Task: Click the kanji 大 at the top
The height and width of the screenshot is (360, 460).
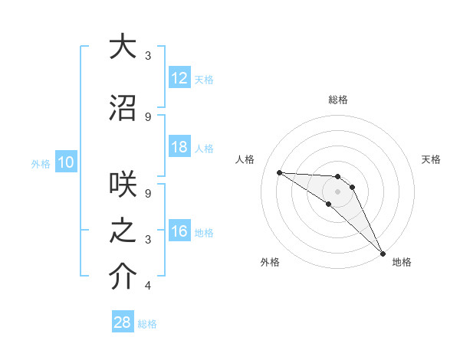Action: pos(122,47)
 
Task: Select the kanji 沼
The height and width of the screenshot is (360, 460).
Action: pos(122,108)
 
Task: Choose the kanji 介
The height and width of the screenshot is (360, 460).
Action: pos(122,277)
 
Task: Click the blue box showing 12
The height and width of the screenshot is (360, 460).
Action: pos(179,78)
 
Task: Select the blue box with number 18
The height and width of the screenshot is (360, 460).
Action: pos(179,147)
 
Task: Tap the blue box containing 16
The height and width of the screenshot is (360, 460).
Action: pos(179,231)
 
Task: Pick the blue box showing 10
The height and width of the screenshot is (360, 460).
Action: pos(65,162)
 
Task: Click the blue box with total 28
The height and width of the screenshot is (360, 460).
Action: pos(123,322)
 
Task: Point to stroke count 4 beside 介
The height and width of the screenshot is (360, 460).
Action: pos(148,286)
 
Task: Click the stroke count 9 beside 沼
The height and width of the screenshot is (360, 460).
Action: pos(148,116)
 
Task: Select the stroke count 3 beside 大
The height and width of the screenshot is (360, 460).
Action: pos(148,56)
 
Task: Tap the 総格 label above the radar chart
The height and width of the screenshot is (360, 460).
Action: pos(337,100)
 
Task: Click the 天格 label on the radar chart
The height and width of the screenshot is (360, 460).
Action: pos(432,159)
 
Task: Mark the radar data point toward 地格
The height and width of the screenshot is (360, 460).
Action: pos(382,253)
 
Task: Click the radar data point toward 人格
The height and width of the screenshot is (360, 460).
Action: pos(279,172)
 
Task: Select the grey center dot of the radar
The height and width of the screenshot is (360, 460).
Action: pos(337,191)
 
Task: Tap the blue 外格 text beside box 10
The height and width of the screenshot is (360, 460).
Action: pos(40,163)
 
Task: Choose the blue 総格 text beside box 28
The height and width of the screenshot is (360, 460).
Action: pos(147,324)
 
